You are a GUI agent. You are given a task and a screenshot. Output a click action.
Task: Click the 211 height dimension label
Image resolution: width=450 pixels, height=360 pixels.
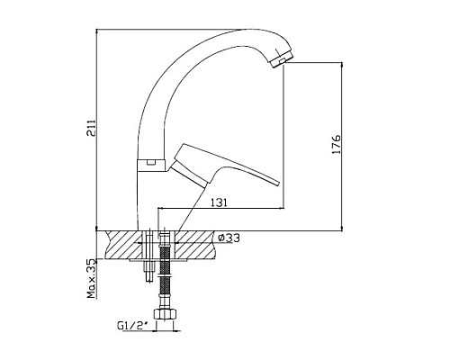point(91,128)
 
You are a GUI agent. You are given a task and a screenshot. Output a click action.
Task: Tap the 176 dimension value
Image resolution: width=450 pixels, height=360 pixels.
point(337,144)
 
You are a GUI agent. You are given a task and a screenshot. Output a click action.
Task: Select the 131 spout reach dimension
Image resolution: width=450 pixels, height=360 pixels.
point(219,202)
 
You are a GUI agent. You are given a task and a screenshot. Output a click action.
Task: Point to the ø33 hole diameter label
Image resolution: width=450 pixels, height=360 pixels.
point(229,238)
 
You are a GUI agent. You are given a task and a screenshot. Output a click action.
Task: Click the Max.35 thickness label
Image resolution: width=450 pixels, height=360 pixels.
point(92,278)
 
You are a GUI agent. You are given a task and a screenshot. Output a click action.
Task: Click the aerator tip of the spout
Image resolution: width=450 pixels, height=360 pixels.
point(282,59)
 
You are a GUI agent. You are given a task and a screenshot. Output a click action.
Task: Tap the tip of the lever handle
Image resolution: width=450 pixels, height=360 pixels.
point(277,183)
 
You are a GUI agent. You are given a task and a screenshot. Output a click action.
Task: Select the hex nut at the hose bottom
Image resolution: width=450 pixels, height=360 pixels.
point(165,314)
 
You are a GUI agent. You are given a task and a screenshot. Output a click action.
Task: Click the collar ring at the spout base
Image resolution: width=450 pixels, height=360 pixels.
point(151,166)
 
